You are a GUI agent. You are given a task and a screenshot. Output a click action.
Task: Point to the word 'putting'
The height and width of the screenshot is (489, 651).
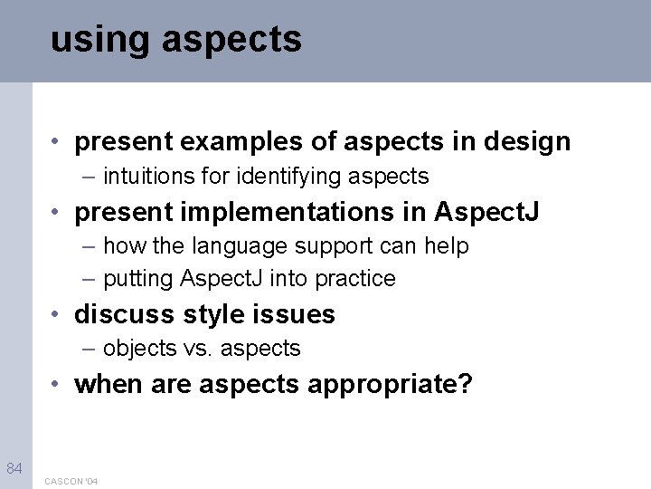click(137, 279)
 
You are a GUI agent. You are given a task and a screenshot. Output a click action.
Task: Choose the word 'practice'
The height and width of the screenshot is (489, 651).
click(355, 279)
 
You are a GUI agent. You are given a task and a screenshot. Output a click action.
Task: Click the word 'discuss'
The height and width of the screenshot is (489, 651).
click(125, 315)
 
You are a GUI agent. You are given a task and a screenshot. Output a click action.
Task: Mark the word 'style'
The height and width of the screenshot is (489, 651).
click(213, 315)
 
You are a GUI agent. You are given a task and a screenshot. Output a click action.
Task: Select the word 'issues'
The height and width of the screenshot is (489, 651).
click(296, 315)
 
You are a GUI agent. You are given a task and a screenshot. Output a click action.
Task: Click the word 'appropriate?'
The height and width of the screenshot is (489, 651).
click(390, 385)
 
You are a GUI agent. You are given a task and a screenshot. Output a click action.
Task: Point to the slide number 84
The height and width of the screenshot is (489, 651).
click(14, 468)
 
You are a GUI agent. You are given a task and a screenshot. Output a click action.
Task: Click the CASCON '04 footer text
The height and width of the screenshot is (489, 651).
click(71, 481)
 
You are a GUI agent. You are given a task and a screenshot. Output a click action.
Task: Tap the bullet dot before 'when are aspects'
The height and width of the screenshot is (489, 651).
click(56, 384)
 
